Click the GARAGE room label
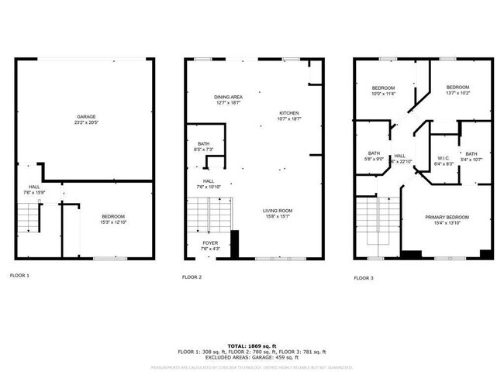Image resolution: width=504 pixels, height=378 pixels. pyautogui.click(x=85, y=116)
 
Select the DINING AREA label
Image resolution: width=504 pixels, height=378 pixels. pyautogui.click(x=228, y=97)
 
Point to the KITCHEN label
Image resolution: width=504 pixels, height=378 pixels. pyautogui.click(x=289, y=113)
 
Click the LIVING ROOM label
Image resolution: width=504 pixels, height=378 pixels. pyautogui.click(x=278, y=211)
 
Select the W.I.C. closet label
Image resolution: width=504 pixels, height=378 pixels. pyautogui.click(x=444, y=159)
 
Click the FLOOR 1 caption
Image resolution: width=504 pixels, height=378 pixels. pyautogui.click(x=19, y=276)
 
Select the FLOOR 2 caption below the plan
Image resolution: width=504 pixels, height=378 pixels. pyautogui.click(x=192, y=277)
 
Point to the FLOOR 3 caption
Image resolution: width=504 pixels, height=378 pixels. pyautogui.click(x=364, y=277)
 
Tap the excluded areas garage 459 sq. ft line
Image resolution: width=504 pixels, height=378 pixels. pyautogui.click(x=251, y=357)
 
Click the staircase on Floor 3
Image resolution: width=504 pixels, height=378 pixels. pyautogui.click(x=377, y=225)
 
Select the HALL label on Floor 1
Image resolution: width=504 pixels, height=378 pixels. pyautogui.click(x=34, y=187)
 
